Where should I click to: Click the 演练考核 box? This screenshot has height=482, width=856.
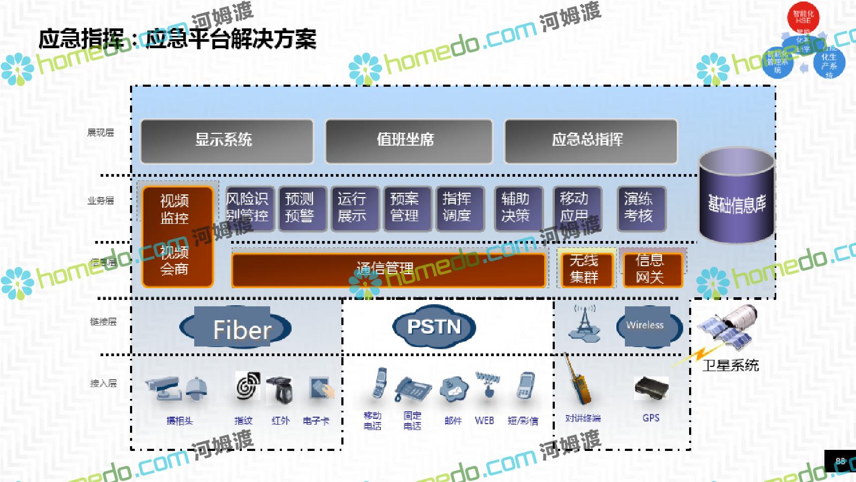pyautogui.click(x=640, y=208)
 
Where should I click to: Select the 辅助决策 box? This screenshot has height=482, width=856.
pyautogui.click(x=517, y=208)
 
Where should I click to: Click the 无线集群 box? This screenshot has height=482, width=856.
pyautogui.click(x=585, y=269)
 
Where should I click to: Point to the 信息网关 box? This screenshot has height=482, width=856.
pyautogui.click(x=652, y=269)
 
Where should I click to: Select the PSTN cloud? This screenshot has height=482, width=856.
pyautogui.click(x=434, y=327)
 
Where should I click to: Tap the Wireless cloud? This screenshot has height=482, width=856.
pyautogui.click(x=648, y=325)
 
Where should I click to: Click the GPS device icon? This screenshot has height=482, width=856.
pyautogui.click(x=651, y=388)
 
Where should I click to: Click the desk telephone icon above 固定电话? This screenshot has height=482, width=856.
pyautogui.click(x=412, y=388)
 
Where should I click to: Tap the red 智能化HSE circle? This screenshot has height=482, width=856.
pyautogui.click(x=802, y=17)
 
